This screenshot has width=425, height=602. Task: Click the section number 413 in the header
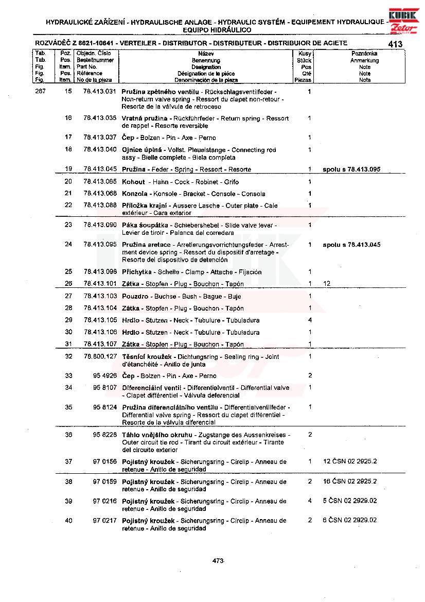(x=395, y=44)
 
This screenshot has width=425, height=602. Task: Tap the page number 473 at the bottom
(x=218, y=561)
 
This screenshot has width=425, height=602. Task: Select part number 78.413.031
(x=100, y=91)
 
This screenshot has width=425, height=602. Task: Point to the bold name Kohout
(x=133, y=182)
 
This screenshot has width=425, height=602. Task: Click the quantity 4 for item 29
(x=310, y=320)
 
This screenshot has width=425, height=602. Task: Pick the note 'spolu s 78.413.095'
(x=351, y=169)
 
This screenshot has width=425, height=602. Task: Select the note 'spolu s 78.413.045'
(x=351, y=245)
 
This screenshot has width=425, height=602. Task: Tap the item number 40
(x=68, y=521)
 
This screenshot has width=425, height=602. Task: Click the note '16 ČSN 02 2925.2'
(x=349, y=481)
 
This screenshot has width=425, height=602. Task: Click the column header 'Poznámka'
(x=364, y=54)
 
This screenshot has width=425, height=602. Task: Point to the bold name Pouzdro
(x=135, y=297)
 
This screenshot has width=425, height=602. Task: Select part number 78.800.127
(x=100, y=356)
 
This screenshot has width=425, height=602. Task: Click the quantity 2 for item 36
(x=310, y=435)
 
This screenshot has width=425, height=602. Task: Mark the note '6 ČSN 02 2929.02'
(x=349, y=520)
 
